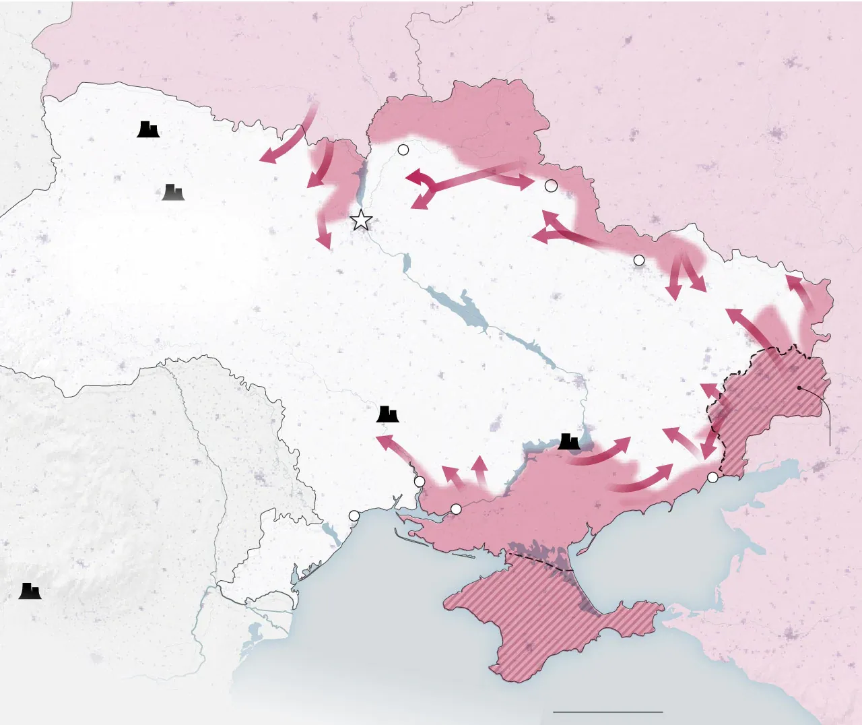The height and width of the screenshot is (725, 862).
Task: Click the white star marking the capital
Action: pyautogui.click(x=362, y=220)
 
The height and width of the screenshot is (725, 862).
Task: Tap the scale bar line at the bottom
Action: pyautogui.click(x=607, y=712)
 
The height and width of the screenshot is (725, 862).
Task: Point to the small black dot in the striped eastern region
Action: pyautogui.click(x=799, y=388)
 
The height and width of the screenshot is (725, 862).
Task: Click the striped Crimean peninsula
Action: pyautogui.click(x=545, y=620)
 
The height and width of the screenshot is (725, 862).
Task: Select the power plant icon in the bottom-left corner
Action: pyautogui.click(x=30, y=591)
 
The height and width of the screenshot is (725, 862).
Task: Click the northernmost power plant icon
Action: pyautogui.click(x=148, y=129)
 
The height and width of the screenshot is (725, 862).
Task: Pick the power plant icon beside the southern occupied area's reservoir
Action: pyautogui.click(x=569, y=441)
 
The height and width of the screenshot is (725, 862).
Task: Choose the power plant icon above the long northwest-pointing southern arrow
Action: pyautogui.click(x=387, y=414)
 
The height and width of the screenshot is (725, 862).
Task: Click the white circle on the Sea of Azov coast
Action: pyautogui.click(x=712, y=478)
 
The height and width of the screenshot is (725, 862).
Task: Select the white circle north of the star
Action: pyautogui.click(x=403, y=150)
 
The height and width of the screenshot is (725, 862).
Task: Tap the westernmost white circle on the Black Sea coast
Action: pyautogui.click(x=354, y=516)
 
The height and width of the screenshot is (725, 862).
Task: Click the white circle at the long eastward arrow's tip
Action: pyautogui.click(x=551, y=186)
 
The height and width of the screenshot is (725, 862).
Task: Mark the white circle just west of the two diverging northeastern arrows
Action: pyautogui.click(x=639, y=260)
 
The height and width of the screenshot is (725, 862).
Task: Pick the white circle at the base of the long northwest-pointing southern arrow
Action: pyautogui.click(x=420, y=482)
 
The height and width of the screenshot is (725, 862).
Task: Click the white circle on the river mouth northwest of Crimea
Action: pyautogui.click(x=456, y=509)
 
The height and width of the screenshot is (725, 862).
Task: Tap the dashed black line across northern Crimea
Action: pyautogui.click(x=539, y=561)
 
